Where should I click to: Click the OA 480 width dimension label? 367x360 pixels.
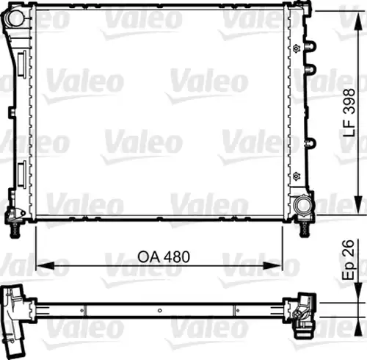pos(164,256)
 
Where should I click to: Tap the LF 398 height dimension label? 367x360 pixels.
pos(349,113)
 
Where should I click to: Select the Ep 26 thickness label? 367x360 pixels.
pos(348,260)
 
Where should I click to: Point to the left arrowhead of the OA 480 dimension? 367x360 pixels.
pos(46,265)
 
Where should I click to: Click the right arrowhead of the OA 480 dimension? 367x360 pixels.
pos(273,265)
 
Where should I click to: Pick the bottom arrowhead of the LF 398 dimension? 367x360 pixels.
pos(358,205)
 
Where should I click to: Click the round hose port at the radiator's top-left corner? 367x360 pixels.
pos(14,17)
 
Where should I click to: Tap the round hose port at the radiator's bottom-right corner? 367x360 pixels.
pos(303,205)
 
